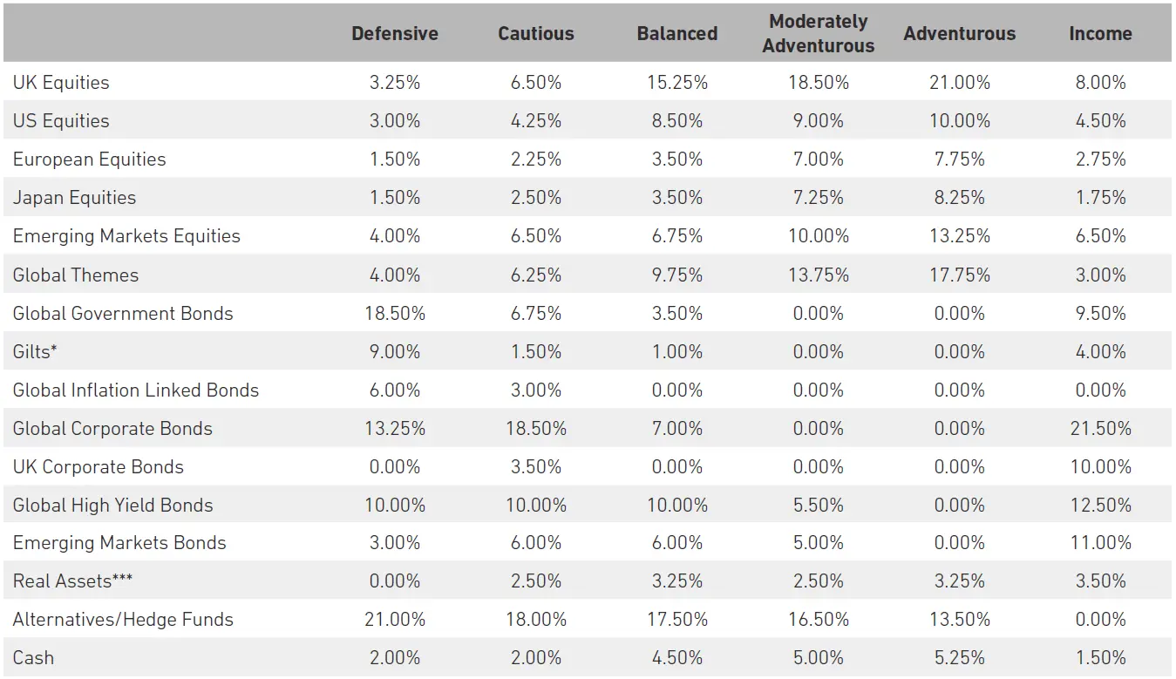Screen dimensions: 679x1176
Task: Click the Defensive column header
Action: tap(395, 34)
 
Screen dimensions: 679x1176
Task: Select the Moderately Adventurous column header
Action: tap(818, 34)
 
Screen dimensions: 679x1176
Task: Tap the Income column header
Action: tap(1100, 34)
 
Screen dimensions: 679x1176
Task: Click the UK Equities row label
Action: tap(61, 83)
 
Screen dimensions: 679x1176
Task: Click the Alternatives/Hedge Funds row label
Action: tap(123, 620)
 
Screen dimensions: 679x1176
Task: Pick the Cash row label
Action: tap(33, 658)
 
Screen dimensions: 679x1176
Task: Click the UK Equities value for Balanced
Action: tap(676, 83)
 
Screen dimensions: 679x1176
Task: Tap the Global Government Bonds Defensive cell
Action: tap(395, 313)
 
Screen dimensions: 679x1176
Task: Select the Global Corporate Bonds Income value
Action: tap(1100, 428)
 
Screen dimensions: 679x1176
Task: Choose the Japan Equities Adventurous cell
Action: tap(959, 198)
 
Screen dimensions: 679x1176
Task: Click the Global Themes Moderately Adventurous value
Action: tap(818, 275)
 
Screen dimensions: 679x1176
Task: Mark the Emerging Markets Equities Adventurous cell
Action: tap(959, 236)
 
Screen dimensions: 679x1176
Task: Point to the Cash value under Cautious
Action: tap(536, 658)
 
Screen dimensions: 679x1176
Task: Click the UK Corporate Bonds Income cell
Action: tap(1100, 466)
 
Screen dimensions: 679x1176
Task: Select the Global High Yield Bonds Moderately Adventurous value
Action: tap(818, 505)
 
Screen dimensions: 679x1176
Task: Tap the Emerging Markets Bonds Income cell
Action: tap(1100, 543)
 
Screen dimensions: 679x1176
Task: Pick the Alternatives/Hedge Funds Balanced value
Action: tap(676, 620)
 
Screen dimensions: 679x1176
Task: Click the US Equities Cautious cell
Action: tap(536, 121)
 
